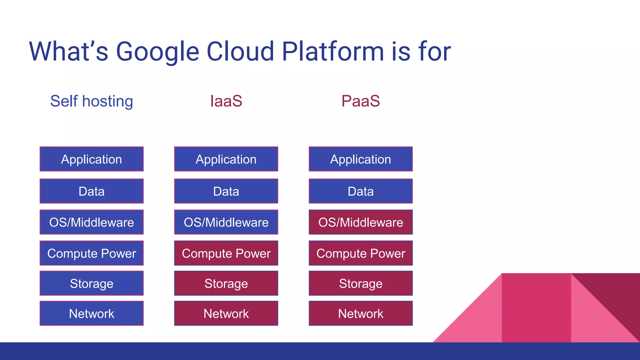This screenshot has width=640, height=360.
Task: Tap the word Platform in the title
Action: (x=332, y=52)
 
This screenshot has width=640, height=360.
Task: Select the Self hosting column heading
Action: (x=92, y=101)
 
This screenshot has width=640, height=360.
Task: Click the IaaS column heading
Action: (x=226, y=101)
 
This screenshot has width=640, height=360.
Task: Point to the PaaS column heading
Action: (x=360, y=101)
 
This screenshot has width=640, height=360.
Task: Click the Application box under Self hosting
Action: (x=92, y=159)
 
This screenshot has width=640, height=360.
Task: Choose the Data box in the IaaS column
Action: (x=226, y=191)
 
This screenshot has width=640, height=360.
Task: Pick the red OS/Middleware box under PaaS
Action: (x=361, y=222)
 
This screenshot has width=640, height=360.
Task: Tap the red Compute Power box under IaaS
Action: (x=226, y=253)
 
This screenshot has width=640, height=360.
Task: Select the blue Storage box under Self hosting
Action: (x=92, y=283)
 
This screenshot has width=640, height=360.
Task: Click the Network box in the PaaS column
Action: (x=361, y=313)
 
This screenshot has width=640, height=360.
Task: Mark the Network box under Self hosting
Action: (x=92, y=313)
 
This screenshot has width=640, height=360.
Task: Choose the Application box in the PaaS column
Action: (x=361, y=159)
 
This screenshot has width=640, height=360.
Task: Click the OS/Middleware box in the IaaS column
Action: (x=226, y=222)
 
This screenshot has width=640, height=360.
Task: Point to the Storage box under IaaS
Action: (x=226, y=283)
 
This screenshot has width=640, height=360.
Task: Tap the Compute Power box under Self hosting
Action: (x=92, y=253)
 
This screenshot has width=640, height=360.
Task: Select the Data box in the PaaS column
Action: (x=361, y=191)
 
